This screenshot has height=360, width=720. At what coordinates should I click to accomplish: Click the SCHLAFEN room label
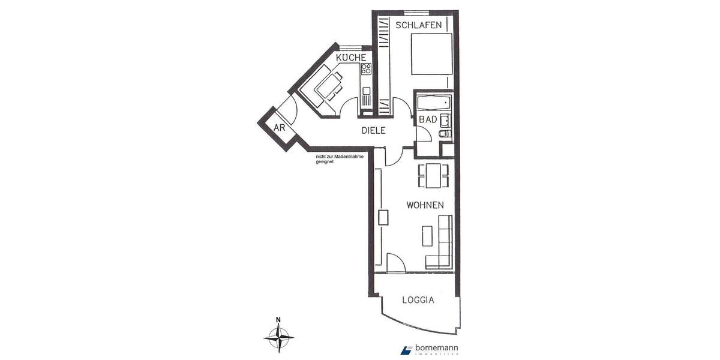[x=419, y=25]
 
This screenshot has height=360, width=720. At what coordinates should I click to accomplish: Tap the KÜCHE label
[x=351, y=58]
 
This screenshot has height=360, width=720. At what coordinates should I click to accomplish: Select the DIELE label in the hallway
[x=373, y=130]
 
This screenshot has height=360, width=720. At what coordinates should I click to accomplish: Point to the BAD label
[x=428, y=120]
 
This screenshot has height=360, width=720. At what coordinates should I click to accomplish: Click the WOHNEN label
[x=425, y=205]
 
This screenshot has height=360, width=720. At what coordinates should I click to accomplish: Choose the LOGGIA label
[x=418, y=300]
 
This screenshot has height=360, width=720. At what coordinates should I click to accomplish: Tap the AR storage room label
[x=279, y=128]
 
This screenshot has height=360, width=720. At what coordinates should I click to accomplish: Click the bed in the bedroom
[x=431, y=54]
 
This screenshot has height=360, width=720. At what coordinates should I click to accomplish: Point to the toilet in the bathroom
[x=443, y=134]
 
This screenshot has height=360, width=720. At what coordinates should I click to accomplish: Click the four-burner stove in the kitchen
[x=366, y=69]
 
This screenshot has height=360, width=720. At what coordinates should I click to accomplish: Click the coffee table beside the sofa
[x=427, y=235]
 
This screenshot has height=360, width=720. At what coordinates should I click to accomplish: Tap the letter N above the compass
[x=278, y=320]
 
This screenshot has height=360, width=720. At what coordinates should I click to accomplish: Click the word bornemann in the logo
[x=437, y=348]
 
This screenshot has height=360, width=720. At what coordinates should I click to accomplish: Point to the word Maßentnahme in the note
[x=343, y=157]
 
